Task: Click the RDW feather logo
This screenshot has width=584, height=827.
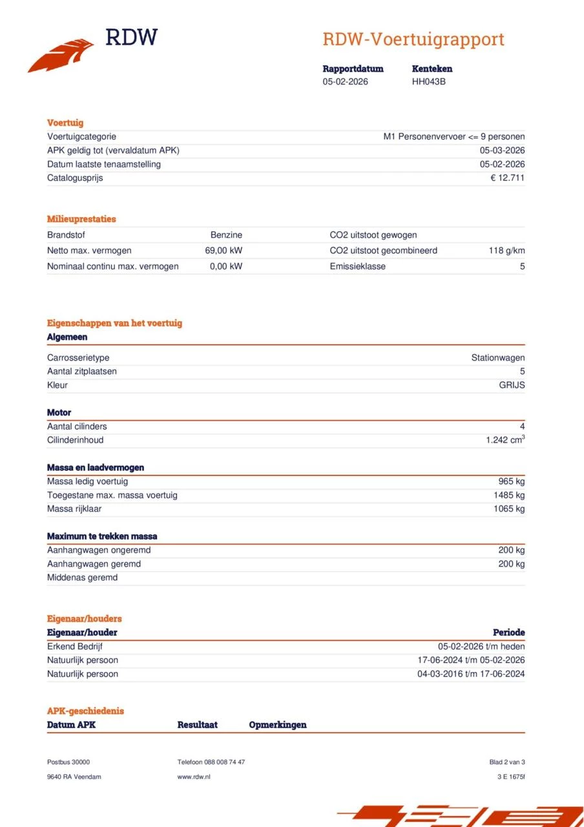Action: tap(61, 55)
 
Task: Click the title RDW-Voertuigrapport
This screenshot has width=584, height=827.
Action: tap(413, 39)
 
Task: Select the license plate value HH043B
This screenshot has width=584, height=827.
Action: tap(429, 81)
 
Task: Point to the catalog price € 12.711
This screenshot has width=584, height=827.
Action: tap(507, 178)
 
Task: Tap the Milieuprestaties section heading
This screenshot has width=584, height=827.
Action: tap(81, 219)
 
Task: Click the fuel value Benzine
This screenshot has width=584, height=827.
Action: tap(226, 235)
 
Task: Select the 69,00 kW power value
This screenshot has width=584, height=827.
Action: tap(224, 251)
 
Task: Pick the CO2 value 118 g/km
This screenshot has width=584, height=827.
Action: tap(506, 251)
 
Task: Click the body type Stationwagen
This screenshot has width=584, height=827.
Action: tap(497, 358)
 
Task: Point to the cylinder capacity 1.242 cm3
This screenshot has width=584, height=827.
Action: tap(505, 440)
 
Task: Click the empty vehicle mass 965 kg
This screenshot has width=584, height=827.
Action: tap(511, 481)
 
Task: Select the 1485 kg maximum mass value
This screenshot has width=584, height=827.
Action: tap(508, 495)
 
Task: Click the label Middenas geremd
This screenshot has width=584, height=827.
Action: tap(82, 578)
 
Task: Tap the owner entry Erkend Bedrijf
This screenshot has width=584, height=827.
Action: tap(74, 646)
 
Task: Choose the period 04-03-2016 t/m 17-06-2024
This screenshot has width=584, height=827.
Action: tap(471, 674)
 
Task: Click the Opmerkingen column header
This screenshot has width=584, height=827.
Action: tap(277, 725)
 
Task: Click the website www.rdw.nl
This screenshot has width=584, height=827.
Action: tap(194, 777)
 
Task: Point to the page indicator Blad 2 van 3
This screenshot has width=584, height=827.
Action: tap(507, 762)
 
